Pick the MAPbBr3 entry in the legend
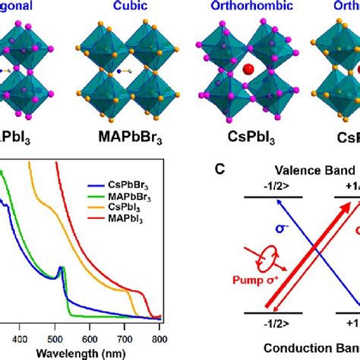(x=130, y=196)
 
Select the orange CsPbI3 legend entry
(x=128, y=207)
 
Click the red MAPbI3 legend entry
(x=128, y=219)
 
